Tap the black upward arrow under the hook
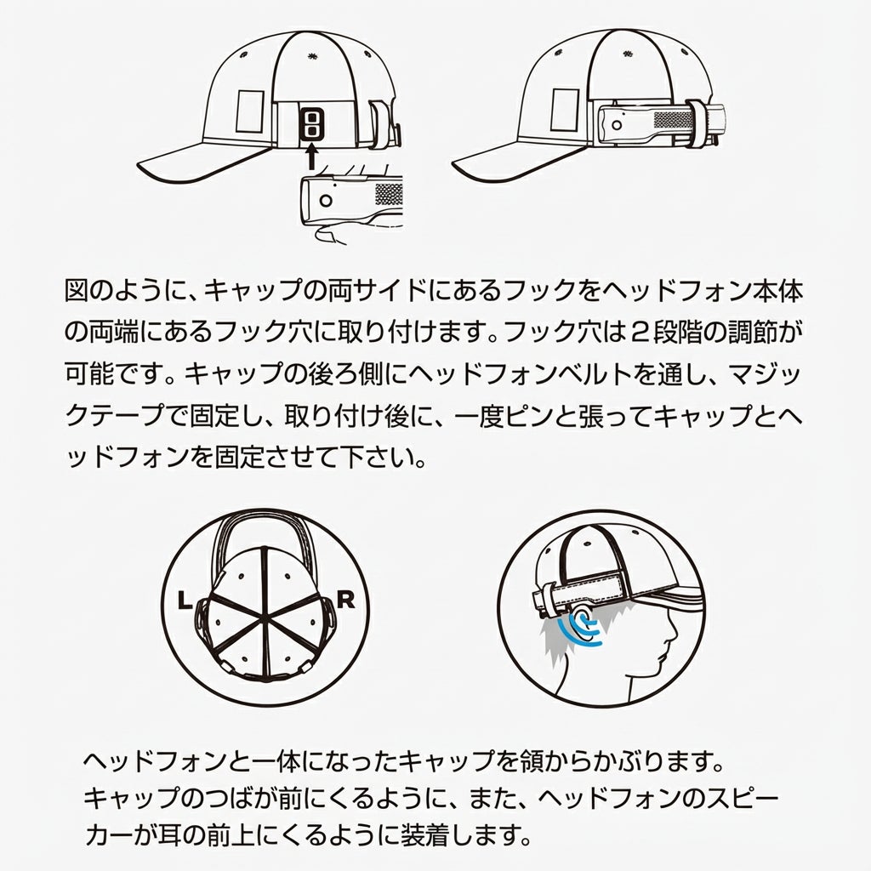click(x=311, y=157)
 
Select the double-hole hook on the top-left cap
click(x=311, y=123)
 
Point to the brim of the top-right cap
click(x=520, y=163)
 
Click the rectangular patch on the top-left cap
click(x=250, y=111)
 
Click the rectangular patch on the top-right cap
click(x=565, y=110)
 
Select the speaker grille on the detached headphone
click(x=388, y=194)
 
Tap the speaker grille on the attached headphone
click(x=674, y=119)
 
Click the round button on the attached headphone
click(x=617, y=125)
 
